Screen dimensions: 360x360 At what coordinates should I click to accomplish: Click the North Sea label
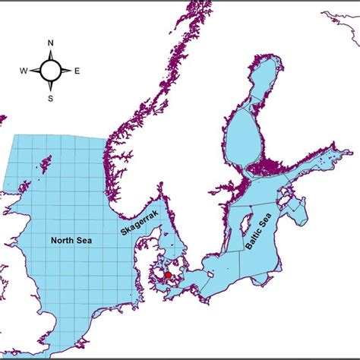click(72, 241)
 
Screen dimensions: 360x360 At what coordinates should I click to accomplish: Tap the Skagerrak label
click(134, 219)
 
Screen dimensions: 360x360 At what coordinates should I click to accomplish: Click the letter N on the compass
click(50, 44)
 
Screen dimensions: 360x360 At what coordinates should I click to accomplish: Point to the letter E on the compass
click(77, 71)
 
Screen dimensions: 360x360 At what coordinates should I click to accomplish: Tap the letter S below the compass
click(50, 98)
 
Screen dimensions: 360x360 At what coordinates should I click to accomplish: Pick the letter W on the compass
click(24, 71)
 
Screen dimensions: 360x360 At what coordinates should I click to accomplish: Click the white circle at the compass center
click(50, 71)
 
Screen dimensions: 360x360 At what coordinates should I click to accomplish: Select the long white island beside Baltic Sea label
click(246, 227)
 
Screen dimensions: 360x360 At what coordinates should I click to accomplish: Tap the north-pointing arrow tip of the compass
click(50, 52)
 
